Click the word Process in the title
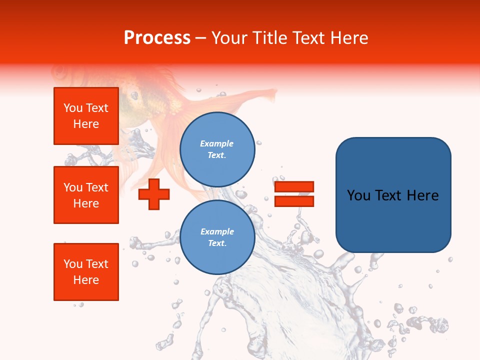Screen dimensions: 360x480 [x=157, y=38]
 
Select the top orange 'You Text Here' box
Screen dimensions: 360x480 [x=86, y=116]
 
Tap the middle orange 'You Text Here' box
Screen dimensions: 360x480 [x=86, y=195]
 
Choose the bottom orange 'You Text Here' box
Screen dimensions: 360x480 [x=86, y=272]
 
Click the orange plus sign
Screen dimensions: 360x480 [x=154, y=194]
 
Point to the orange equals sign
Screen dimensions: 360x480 [x=294, y=194]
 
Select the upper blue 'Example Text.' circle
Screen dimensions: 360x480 [x=217, y=149]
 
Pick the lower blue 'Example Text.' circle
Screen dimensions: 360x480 [x=217, y=237]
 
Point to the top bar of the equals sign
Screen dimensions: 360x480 [x=294, y=187]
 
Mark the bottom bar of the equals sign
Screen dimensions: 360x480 [x=294, y=201]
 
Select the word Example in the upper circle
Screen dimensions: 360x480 [x=217, y=144]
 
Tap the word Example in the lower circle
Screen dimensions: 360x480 [x=217, y=232]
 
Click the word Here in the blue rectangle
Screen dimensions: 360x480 [x=423, y=195]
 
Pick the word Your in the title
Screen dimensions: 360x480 [x=229, y=38]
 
